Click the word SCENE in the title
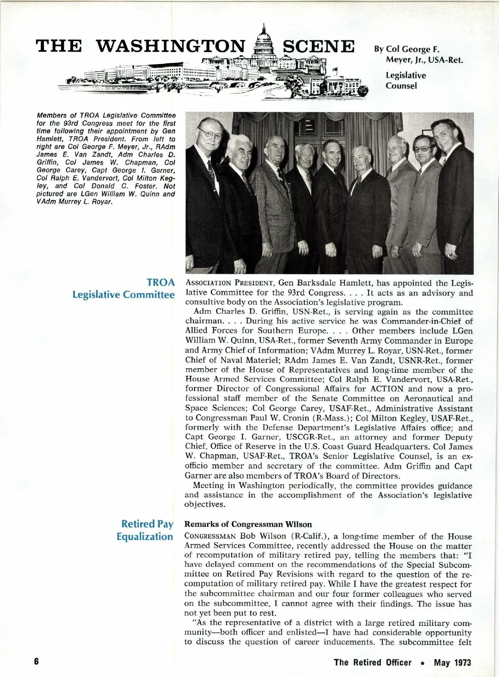(319, 46)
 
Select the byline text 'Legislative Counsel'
(405, 81)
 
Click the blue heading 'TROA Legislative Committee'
(124, 288)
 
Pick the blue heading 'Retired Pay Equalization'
(145, 530)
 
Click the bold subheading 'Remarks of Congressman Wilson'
(248, 524)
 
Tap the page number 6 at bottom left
(37, 662)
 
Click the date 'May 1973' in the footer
(452, 662)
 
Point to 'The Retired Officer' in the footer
(373, 662)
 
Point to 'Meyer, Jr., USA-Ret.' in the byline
(424, 59)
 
